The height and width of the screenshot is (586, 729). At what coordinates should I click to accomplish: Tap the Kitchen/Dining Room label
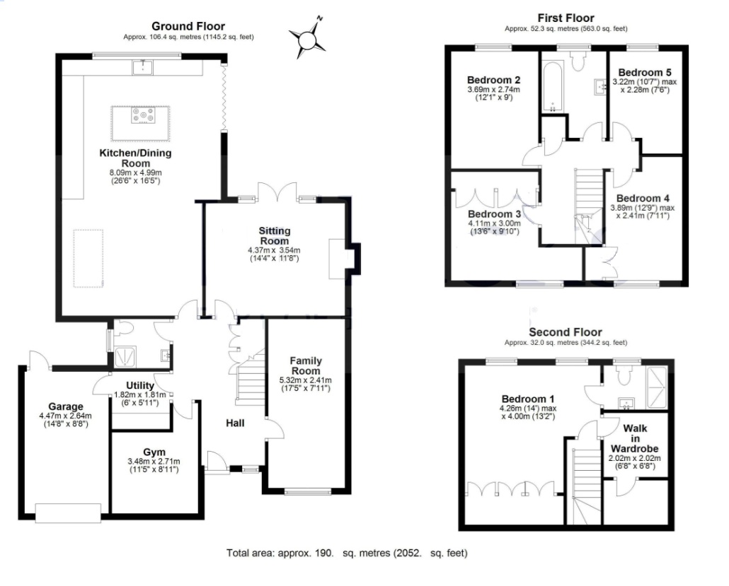(x=125, y=158)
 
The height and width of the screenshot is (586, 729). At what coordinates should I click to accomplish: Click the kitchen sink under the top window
(x=144, y=66)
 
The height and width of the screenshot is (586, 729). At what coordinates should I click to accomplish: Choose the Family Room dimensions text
(x=306, y=385)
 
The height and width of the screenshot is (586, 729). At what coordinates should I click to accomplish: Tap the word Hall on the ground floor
(x=235, y=423)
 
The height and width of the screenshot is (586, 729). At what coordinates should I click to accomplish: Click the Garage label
(x=66, y=406)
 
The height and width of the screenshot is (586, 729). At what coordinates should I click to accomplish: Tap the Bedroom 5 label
(x=644, y=72)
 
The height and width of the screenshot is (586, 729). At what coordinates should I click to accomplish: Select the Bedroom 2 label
(x=493, y=79)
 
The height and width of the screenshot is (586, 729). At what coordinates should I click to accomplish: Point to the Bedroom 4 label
(x=642, y=198)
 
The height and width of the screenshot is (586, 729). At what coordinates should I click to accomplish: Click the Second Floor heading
(x=565, y=332)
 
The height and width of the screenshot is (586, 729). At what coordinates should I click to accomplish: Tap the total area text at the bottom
(x=347, y=553)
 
